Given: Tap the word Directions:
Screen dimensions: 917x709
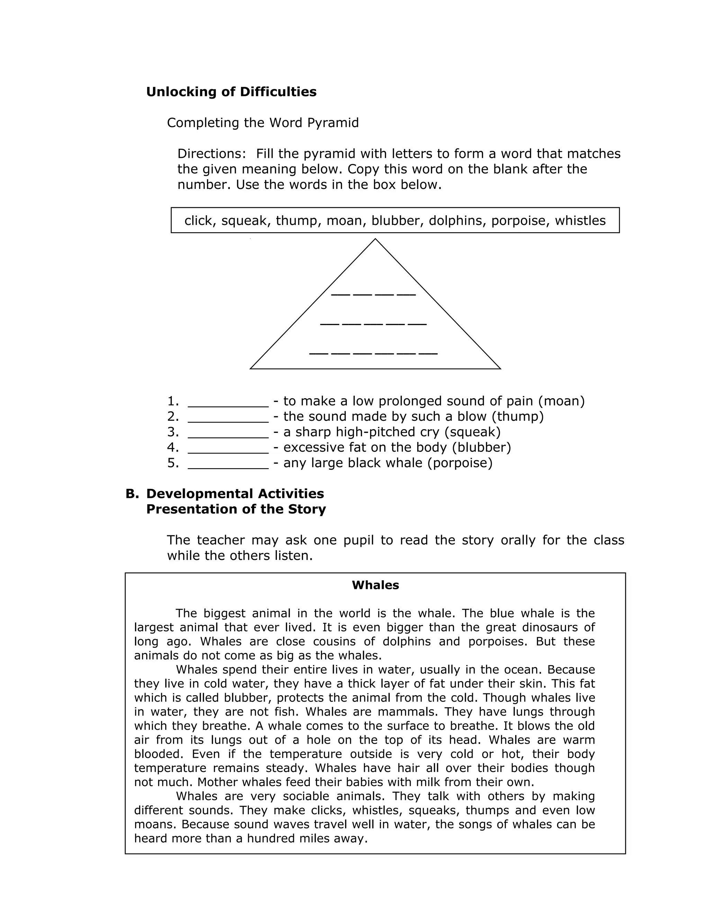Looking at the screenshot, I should (x=211, y=154).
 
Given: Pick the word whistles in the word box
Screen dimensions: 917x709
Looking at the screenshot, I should (x=580, y=220).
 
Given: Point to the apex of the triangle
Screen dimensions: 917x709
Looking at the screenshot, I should (x=375, y=240).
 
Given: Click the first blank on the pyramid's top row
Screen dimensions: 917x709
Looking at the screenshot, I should (x=341, y=294).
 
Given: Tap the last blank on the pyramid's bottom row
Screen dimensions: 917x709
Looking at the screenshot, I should (x=428, y=354).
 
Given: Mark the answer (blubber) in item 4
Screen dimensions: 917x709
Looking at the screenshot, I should (x=481, y=447).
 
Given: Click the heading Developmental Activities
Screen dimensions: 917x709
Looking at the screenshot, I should (x=235, y=494).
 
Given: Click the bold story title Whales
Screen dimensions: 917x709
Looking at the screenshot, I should (x=375, y=585).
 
